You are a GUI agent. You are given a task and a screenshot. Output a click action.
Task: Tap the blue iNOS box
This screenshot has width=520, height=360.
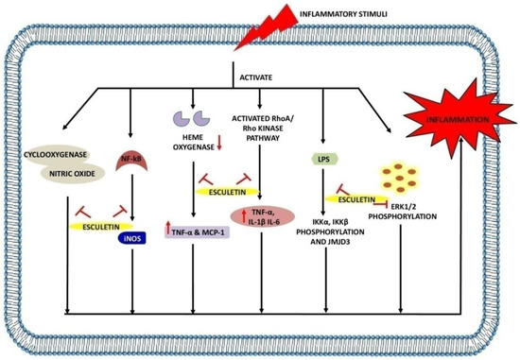pyautogui.click(x=129, y=240)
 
